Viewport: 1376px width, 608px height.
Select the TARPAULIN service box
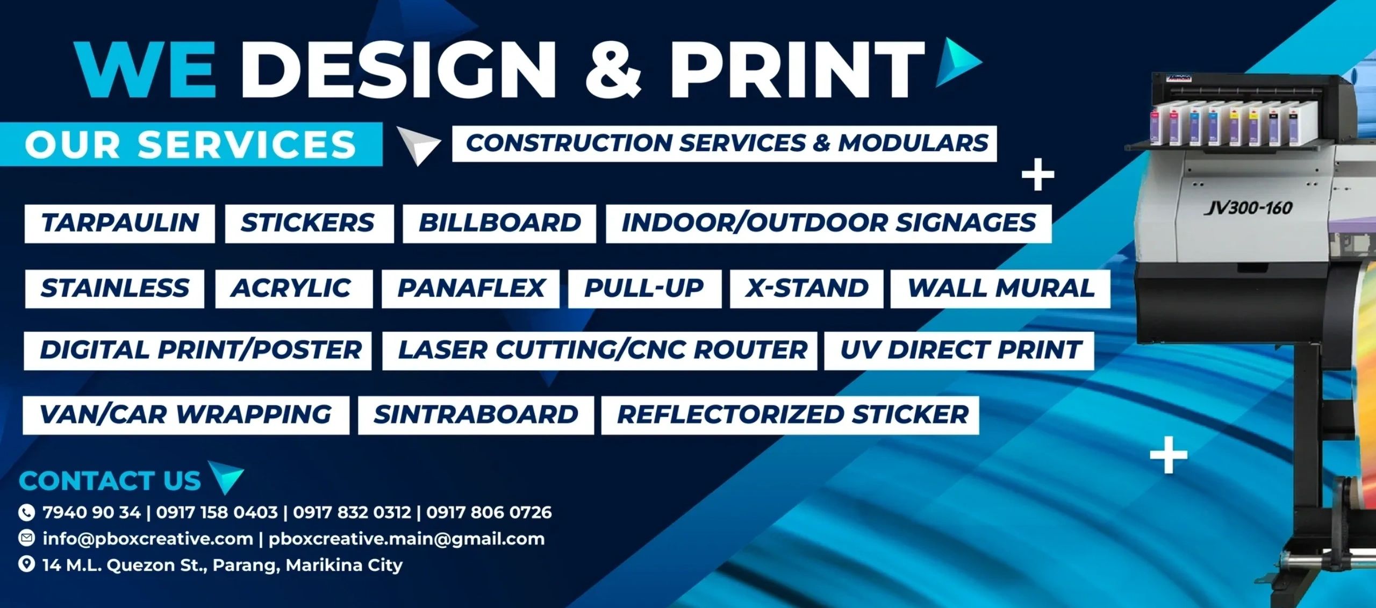(120, 224)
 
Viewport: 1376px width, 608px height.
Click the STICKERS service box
(309, 224)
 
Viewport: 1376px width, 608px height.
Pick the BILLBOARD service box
(499, 224)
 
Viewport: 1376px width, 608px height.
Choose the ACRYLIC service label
(293, 289)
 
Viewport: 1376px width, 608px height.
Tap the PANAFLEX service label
(470, 289)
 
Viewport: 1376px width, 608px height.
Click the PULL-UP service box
(644, 289)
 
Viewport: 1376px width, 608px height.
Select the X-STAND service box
(806, 289)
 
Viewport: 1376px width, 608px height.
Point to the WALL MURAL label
(1000, 289)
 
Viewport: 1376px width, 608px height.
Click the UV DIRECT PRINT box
(959, 351)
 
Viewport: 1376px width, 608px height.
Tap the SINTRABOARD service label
(476, 415)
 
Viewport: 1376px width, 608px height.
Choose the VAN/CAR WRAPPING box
(186, 415)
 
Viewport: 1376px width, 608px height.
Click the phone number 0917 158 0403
(217, 512)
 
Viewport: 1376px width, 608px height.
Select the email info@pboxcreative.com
(148, 539)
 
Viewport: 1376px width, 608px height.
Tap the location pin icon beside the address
(26, 564)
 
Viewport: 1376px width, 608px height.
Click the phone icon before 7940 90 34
(26, 512)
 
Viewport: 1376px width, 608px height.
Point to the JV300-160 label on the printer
(1248, 208)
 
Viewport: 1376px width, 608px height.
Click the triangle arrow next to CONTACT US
(226, 476)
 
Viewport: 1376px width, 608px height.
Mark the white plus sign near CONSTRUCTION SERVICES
(1037, 175)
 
